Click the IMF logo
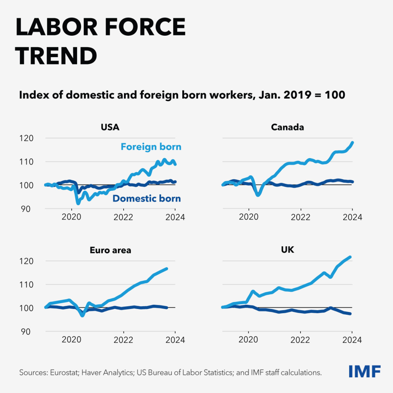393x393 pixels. (x=365, y=372)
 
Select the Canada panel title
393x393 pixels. (x=287, y=127)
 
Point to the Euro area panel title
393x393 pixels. (x=111, y=250)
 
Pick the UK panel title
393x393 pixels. (x=287, y=250)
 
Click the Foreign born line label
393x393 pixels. (x=151, y=147)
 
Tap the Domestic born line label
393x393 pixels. (x=146, y=198)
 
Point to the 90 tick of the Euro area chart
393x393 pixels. (x=29, y=331)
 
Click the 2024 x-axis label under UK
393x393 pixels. (x=352, y=340)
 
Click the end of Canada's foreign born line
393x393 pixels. (x=352, y=143)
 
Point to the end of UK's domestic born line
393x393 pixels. (x=350, y=314)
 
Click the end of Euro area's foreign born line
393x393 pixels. (x=167, y=269)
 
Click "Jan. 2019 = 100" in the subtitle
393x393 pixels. (x=305, y=95)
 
